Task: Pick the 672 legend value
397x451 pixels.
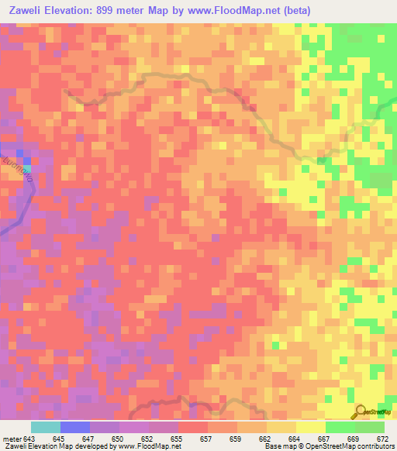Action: (x=382, y=438)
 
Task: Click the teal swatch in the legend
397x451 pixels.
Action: (x=46, y=427)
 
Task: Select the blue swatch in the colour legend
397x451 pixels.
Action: (x=75, y=427)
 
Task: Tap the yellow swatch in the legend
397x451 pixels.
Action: (x=311, y=427)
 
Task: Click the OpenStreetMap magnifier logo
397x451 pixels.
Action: (x=361, y=412)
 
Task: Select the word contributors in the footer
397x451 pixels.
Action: (x=375, y=446)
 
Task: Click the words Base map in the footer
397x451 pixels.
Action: (x=277, y=446)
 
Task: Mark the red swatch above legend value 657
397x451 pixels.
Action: (x=193, y=427)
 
